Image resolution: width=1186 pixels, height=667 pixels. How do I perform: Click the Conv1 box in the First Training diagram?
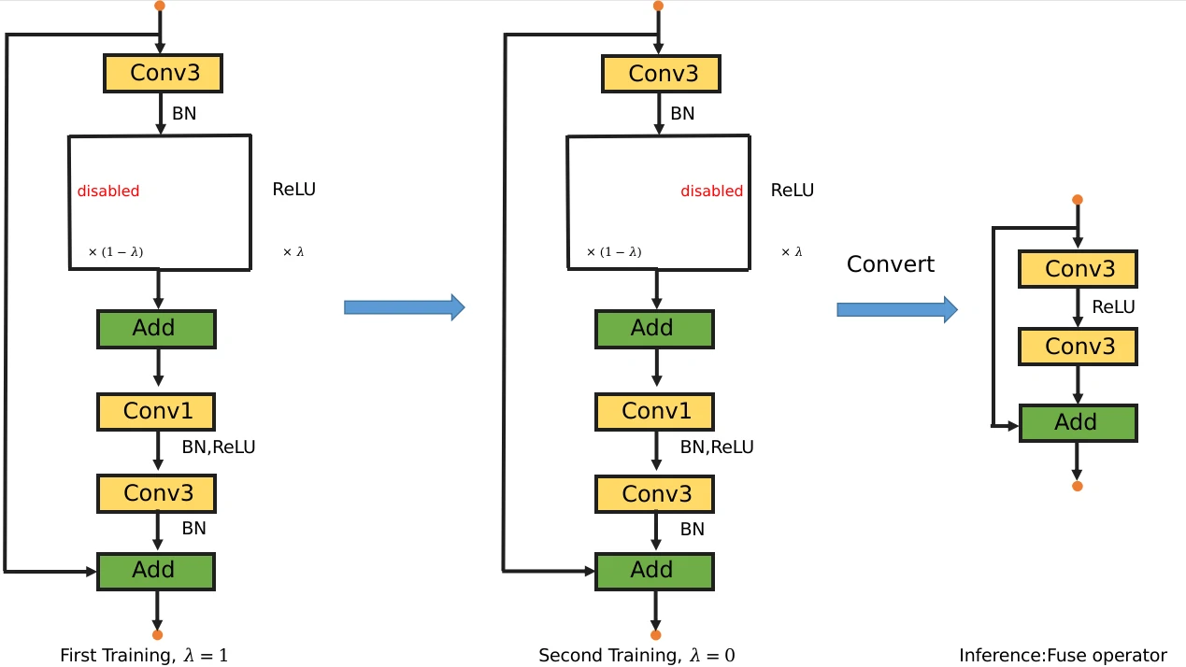(156, 411)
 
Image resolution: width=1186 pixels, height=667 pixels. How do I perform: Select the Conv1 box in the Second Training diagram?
(654, 411)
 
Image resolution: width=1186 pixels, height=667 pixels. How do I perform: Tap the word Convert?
(890, 264)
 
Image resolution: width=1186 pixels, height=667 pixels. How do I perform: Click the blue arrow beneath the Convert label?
(896, 309)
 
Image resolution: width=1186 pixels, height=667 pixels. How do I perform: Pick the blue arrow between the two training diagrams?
(404, 307)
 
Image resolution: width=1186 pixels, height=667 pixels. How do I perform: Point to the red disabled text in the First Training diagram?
(108, 192)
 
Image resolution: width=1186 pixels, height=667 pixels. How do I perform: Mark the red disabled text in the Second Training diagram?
(711, 192)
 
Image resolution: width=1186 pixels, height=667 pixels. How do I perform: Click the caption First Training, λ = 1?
(144, 656)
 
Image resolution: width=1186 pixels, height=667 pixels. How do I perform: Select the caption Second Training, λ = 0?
(636, 656)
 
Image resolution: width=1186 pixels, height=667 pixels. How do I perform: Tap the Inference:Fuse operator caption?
(1063, 656)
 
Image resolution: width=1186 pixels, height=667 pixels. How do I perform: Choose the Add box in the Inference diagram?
(1078, 423)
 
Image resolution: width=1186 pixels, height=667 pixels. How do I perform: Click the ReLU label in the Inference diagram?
(1113, 307)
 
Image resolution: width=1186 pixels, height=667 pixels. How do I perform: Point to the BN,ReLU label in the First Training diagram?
(218, 447)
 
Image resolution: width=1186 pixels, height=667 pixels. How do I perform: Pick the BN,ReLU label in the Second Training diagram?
(716, 447)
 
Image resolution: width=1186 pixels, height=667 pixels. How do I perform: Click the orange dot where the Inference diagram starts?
(1078, 199)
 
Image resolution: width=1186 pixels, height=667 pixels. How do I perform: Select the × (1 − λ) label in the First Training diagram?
(115, 252)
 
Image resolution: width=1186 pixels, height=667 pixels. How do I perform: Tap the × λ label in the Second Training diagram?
(792, 252)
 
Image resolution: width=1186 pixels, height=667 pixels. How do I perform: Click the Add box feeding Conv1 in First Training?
(156, 329)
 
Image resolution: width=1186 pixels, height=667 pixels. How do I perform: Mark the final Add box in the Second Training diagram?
(654, 571)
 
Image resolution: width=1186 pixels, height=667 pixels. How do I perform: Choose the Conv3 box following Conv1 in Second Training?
(654, 493)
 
